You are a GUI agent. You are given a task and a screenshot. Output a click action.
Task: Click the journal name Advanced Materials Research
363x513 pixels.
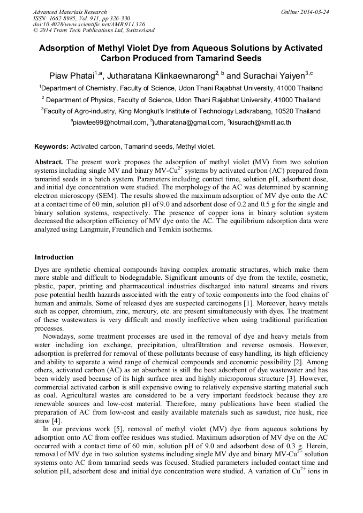point(70,12)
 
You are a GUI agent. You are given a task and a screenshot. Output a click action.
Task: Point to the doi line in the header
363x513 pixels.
point(89,24)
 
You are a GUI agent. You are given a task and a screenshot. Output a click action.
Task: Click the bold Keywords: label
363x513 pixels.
point(51,146)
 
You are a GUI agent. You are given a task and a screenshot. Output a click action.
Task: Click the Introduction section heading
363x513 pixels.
point(54,257)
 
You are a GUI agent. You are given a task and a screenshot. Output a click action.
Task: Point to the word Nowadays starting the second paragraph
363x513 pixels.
point(58,336)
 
